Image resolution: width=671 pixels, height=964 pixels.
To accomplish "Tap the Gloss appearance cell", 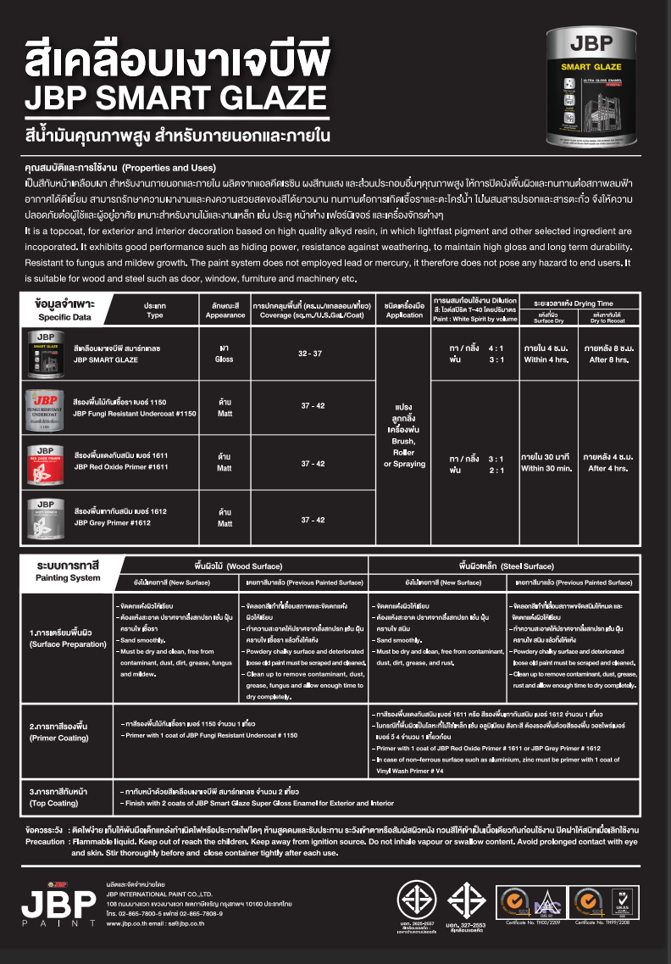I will click(225, 354).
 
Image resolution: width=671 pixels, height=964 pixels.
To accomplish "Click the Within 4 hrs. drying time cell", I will click(547, 359).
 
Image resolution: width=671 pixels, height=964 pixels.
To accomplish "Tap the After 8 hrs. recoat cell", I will click(610, 359).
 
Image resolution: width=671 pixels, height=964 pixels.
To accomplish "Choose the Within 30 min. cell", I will click(547, 467).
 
